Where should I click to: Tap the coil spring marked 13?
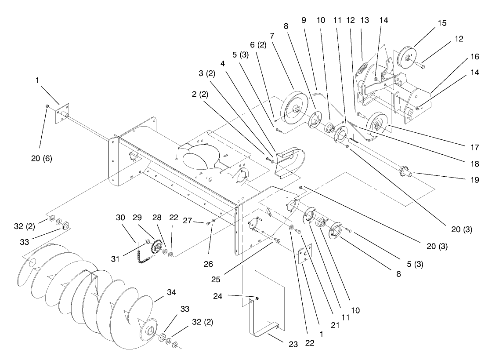coord(363,71)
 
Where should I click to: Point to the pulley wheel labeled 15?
coord(407,57)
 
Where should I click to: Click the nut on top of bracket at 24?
coord(257,299)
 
